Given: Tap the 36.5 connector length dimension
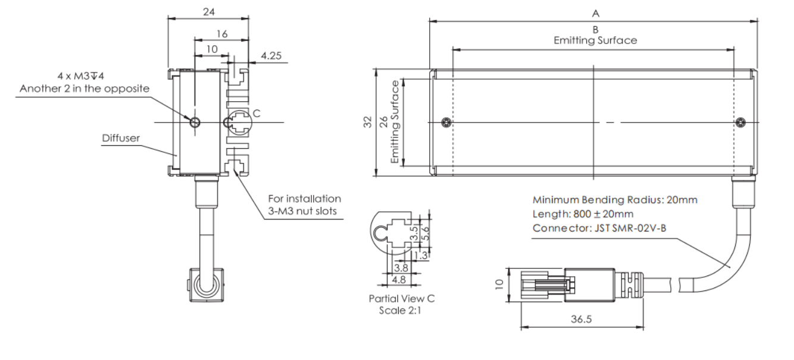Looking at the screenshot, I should pos(582,319).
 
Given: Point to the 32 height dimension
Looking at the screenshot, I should pos(367,122).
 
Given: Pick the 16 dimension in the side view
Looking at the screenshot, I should pos(221,35).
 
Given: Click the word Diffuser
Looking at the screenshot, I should pos(120,137).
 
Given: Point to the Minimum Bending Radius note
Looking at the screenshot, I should pos(615,200).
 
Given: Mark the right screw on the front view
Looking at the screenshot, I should pos(740,123).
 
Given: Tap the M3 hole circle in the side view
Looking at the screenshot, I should pos(196,122).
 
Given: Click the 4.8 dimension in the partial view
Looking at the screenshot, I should pos(396,278).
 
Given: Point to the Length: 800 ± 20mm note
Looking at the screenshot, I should pos(583,213).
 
